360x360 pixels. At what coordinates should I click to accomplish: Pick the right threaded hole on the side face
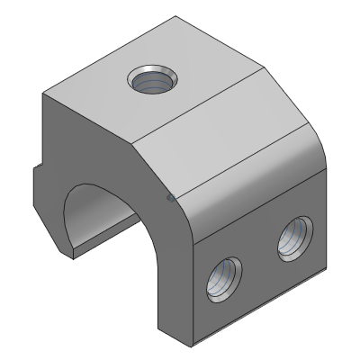point(292,238)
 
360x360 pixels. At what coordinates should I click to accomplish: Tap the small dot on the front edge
point(171,196)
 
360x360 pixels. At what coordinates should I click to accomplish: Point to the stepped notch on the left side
point(36,175)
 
